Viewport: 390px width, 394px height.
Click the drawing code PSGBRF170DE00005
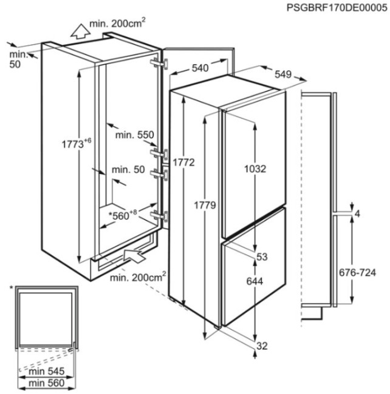pyautogui.click(x=337, y=8)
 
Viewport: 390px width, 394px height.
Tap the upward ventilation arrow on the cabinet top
pyautogui.click(x=80, y=31)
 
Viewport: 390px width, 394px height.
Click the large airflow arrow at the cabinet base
pyautogui.click(x=134, y=256)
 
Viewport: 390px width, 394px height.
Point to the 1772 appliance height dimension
pyautogui.click(x=183, y=162)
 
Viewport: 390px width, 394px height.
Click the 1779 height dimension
pyautogui.click(x=205, y=205)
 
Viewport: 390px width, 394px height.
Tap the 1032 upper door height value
pyautogui.click(x=255, y=169)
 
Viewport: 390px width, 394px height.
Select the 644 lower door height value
pyautogui.click(x=255, y=281)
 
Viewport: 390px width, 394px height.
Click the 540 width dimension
pyautogui.click(x=200, y=68)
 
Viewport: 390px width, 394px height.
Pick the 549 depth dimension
pyautogui.click(x=283, y=74)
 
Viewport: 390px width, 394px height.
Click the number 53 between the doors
pyautogui.click(x=262, y=257)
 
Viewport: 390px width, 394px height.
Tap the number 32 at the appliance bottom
pyautogui.click(x=262, y=346)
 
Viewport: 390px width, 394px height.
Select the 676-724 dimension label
pyautogui.click(x=358, y=272)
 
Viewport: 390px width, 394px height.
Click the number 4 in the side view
pyautogui.click(x=357, y=214)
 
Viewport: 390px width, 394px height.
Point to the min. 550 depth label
pyautogui.click(x=134, y=135)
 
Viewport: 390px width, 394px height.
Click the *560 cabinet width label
pyautogui.click(x=123, y=215)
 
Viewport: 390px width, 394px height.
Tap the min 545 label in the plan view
pyautogui.click(x=47, y=372)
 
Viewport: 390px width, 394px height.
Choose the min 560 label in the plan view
pyautogui.click(x=47, y=383)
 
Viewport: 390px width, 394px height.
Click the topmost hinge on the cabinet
pyautogui.click(x=159, y=64)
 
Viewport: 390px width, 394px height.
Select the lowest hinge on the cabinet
pyautogui.click(x=159, y=216)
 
